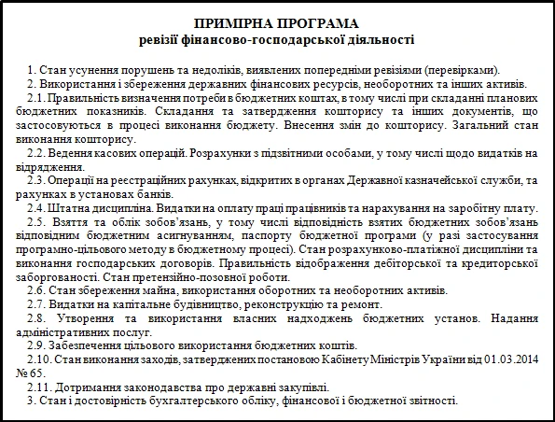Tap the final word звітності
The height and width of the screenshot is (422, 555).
coord(431,401)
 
